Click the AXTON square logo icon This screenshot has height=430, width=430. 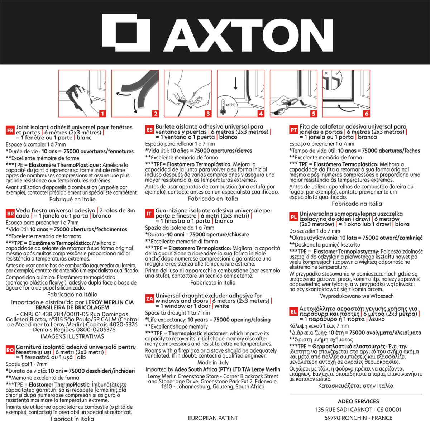[126, 33]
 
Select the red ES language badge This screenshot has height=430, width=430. [149, 130]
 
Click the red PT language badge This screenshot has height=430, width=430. [293, 130]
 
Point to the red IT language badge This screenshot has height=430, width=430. [149, 214]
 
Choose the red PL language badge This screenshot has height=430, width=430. [293, 217]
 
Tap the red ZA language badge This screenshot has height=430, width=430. [149, 299]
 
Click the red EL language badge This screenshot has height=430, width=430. [293, 312]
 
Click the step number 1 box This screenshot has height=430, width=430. [102, 114]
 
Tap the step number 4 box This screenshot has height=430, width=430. [261, 114]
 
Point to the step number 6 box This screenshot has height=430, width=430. [367, 114]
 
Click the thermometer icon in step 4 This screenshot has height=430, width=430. [223, 107]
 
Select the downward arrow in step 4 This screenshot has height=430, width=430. [236, 83]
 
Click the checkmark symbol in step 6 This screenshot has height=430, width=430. [337, 73]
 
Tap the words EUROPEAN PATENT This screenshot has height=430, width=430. [213, 418]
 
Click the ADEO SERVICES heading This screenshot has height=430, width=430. [358, 401]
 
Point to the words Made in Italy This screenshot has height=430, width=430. [213, 363]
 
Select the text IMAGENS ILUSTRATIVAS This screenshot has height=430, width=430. [72, 336]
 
